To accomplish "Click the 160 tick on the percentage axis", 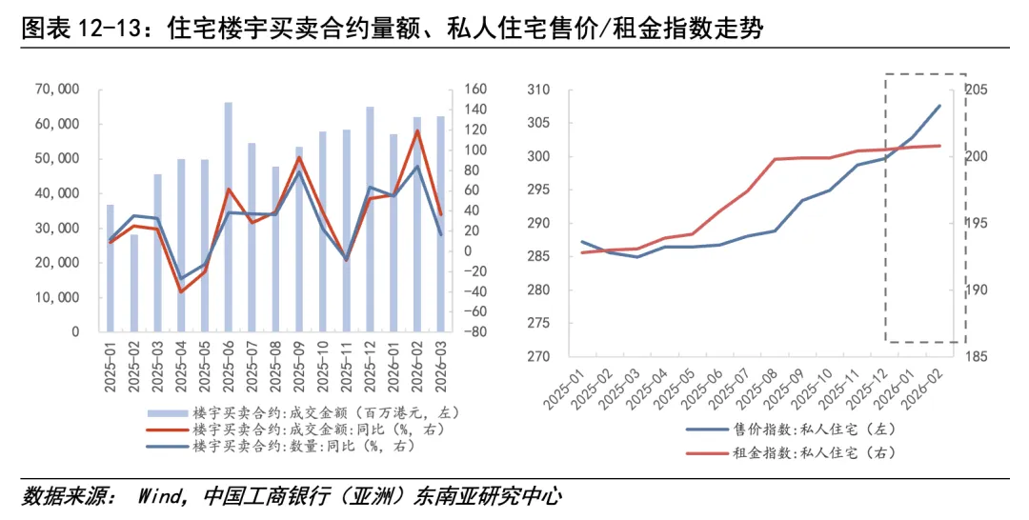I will point(476,90).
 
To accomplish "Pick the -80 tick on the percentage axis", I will point(476,332).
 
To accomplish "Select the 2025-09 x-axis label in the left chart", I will point(299,366).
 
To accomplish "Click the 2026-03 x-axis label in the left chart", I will point(441,366).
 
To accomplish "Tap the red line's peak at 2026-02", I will point(417,130).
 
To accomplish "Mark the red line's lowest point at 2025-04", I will point(181,291).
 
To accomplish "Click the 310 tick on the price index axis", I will point(538,90).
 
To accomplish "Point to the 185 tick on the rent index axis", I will point(978,357).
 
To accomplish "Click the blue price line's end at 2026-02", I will point(939,106).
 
